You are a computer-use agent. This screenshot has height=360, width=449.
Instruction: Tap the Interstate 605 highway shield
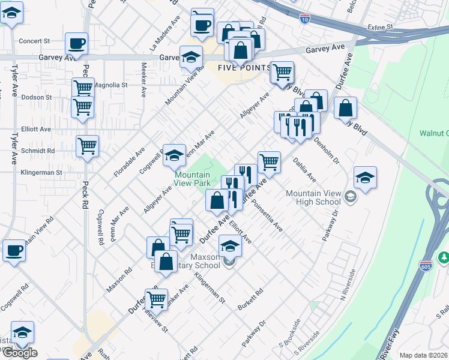pyautogui.click(x=426, y=265)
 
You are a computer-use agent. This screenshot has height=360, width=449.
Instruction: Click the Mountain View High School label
pyautogui.click(x=313, y=197)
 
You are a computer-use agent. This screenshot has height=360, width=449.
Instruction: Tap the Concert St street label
pyautogui.click(x=34, y=41)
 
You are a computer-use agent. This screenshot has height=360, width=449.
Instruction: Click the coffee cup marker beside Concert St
pyautogui.click(x=77, y=43)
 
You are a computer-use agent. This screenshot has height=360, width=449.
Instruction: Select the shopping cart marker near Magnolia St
pyautogui.click(x=83, y=88)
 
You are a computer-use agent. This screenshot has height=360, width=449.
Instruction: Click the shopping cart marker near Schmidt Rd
pyautogui.click(x=88, y=146)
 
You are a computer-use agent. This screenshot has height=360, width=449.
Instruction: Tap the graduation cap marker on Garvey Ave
pyautogui.click(x=191, y=57)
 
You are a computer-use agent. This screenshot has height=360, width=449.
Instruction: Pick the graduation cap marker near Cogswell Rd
pyautogui.click(x=174, y=155)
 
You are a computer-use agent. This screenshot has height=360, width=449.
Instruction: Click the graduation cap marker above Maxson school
pyautogui.click(x=230, y=245)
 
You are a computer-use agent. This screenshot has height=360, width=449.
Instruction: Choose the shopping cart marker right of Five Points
pyautogui.click(x=282, y=72)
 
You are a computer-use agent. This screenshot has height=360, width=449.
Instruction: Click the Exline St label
pyautogui.click(x=381, y=27)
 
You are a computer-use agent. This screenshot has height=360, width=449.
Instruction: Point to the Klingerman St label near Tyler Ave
pyautogui.click(x=42, y=172)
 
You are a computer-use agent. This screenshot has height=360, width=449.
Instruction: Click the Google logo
pyautogui.click(x=19, y=353)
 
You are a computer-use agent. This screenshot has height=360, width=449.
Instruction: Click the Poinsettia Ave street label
pyautogui.click(x=268, y=220)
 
